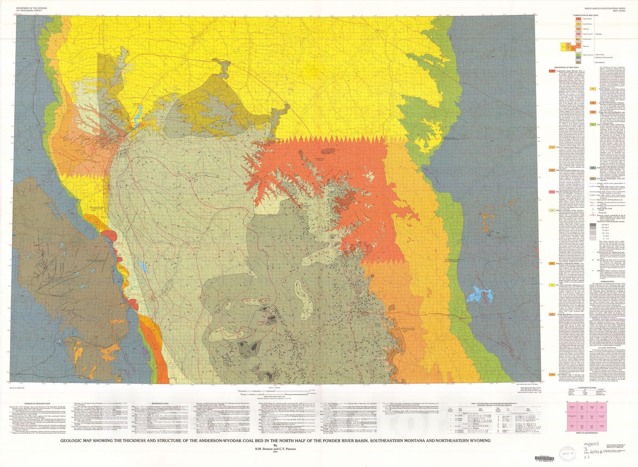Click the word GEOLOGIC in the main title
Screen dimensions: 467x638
[75, 441]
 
